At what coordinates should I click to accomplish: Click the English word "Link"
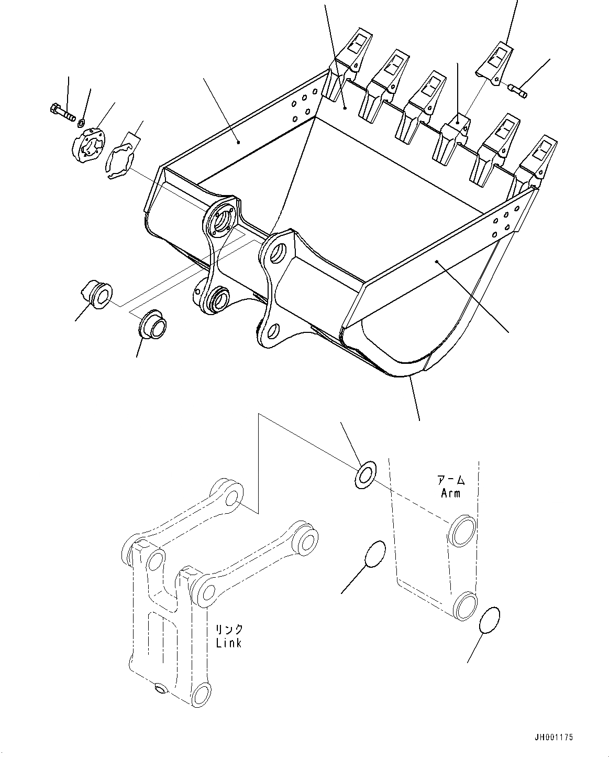pyautogui.click(x=229, y=642)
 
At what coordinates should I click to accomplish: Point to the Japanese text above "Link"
pyautogui.click(x=229, y=629)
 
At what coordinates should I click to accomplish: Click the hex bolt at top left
pyautogui.click(x=61, y=112)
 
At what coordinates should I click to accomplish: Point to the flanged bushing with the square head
pyautogui.click(x=97, y=294)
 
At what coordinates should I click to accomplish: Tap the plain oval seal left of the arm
pyautogui.click(x=374, y=555)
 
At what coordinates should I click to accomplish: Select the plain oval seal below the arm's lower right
pyautogui.click(x=489, y=620)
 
